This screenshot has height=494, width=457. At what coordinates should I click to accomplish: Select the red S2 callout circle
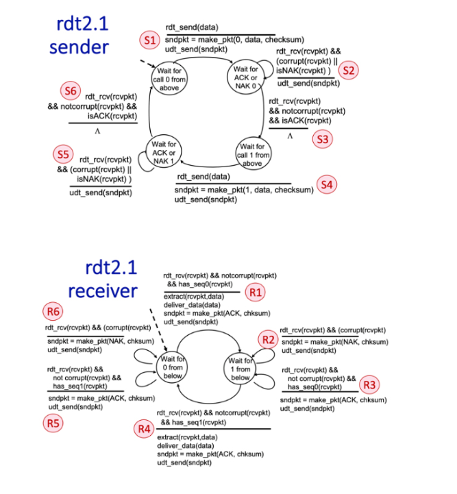click(349, 70)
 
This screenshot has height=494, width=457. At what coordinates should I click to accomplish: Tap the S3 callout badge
click(321, 139)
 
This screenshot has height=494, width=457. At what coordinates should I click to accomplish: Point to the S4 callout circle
click(328, 184)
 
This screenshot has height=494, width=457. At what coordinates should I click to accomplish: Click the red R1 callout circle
click(256, 293)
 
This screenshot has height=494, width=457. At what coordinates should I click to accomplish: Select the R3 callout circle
click(369, 384)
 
